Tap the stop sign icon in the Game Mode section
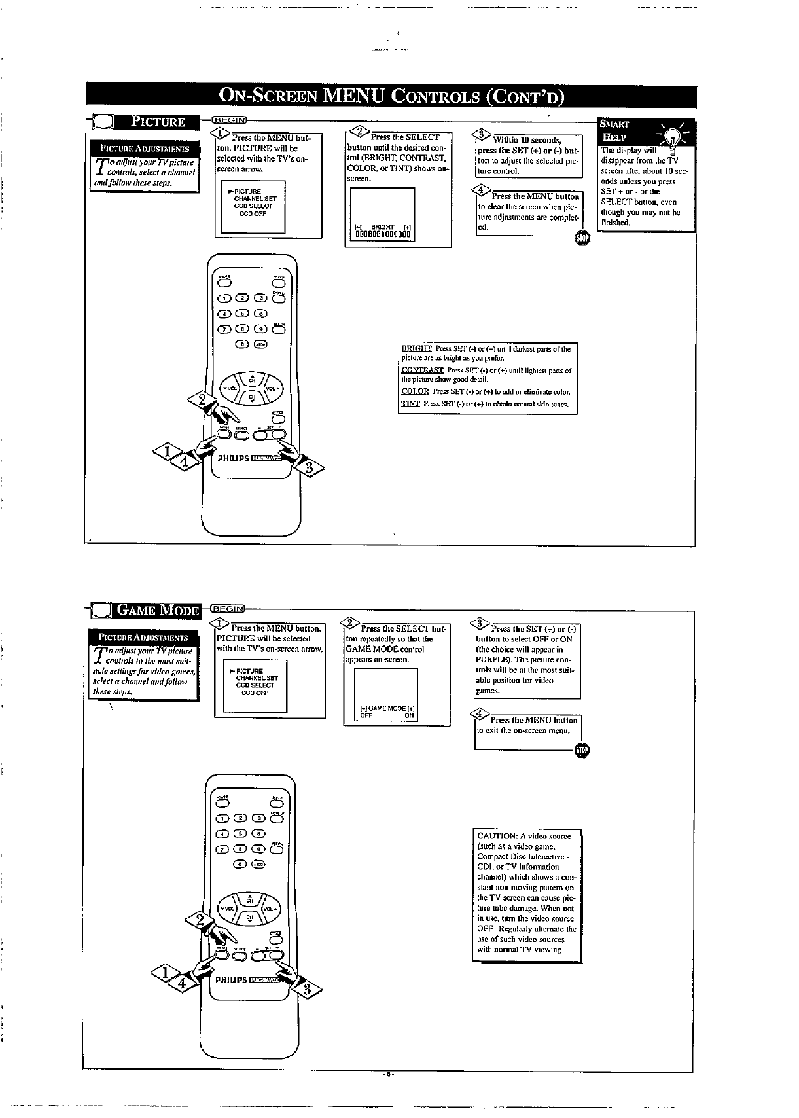(581, 750)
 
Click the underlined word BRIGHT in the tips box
(417, 349)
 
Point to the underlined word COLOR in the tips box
(415, 392)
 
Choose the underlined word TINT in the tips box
(410, 404)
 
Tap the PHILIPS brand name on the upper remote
(233, 458)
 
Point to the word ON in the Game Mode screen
(409, 715)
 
